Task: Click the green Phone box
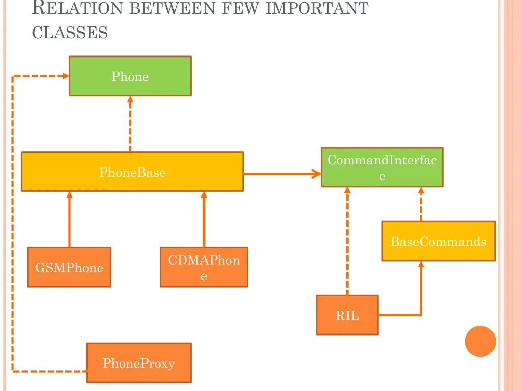(130, 76)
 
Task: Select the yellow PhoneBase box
(132, 172)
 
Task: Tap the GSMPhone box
(69, 267)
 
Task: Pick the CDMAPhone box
(204, 267)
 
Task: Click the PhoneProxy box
(139, 362)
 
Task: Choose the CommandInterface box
(382, 167)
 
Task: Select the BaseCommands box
(438, 241)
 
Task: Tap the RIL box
(347, 315)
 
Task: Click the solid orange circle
(480, 342)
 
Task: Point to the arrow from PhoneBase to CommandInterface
(282, 174)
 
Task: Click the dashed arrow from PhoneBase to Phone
(130, 124)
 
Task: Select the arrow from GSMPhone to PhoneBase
(69, 219)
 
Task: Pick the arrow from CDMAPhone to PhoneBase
(204, 219)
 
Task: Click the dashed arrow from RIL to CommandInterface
(347, 241)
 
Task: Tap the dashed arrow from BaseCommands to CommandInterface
(421, 204)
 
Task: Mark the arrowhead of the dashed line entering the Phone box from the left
(66, 76)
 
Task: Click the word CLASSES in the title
(70, 33)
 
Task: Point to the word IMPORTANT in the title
(317, 8)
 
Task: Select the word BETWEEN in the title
(172, 8)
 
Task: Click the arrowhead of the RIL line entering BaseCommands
(421, 264)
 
